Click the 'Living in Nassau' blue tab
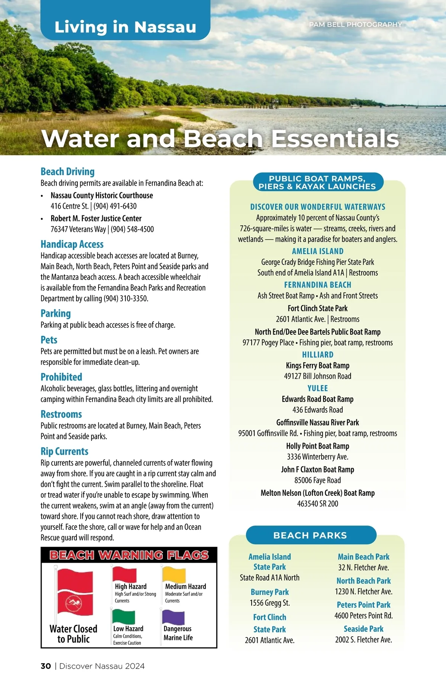(x=125, y=27)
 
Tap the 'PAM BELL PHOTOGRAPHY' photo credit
(x=355, y=25)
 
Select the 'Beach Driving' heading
(x=68, y=172)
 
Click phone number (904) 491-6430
(x=115, y=206)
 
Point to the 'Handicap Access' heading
(x=72, y=244)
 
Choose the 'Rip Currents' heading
(x=64, y=451)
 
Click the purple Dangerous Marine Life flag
(x=174, y=617)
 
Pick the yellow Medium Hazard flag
(x=174, y=575)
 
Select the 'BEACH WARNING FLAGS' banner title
(x=129, y=555)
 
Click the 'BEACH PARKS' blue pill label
(x=310, y=535)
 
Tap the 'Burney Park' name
(x=270, y=592)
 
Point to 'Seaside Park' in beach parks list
(x=363, y=629)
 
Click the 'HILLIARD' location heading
(x=318, y=355)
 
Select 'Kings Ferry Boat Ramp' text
(x=318, y=365)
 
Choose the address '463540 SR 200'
(x=318, y=504)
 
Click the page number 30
(x=46, y=666)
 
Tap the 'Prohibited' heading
(x=61, y=377)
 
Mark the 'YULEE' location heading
(x=318, y=388)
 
